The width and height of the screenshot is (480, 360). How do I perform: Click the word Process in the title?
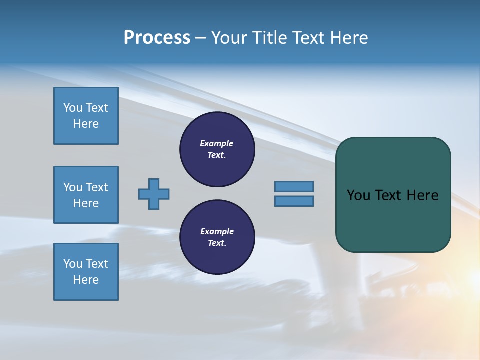[x=157, y=38]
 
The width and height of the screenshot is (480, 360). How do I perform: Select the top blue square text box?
[x=86, y=116]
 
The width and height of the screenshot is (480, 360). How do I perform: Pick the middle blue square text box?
[x=86, y=195]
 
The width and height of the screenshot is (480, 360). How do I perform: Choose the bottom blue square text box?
[x=86, y=271]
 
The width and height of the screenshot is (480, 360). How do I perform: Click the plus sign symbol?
[x=154, y=194]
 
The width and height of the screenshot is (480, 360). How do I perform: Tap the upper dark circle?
[x=217, y=149]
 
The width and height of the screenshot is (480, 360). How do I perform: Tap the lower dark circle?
[x=217, y=237]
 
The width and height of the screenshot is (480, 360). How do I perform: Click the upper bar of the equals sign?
[x=294, y=186]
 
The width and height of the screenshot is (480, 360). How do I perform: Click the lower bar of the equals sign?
[x=294, y=201]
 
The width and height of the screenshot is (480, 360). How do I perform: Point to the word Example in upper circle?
[x=217, y=143]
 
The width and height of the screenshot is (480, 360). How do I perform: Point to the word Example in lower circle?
[x=217, y=231]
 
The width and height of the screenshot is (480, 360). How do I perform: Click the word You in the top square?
[x=73, y=108]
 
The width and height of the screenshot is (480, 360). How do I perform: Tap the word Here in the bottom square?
[x=86, y=280]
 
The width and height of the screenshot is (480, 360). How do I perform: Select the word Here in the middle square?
[x=86, y=203]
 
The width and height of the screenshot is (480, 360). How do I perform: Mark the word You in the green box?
[x=358, y=195]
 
